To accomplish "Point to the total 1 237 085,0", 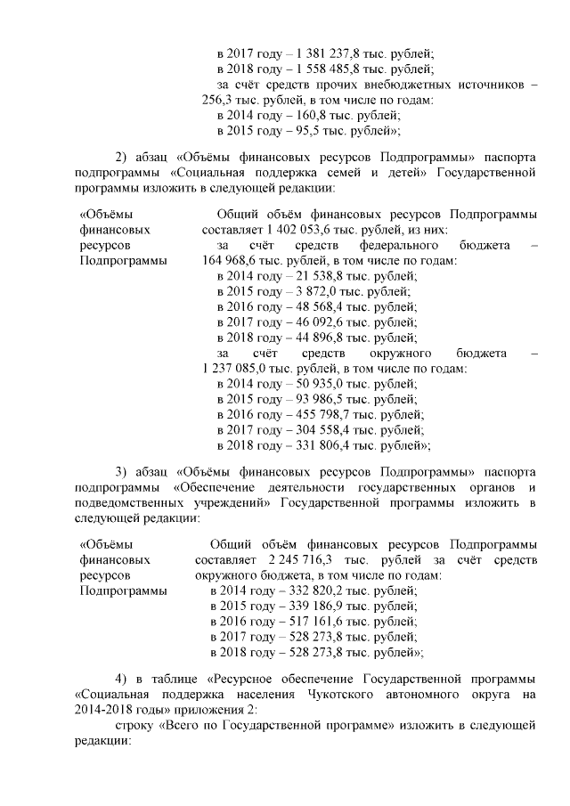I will pyautogui.click(x=237, y=369).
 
